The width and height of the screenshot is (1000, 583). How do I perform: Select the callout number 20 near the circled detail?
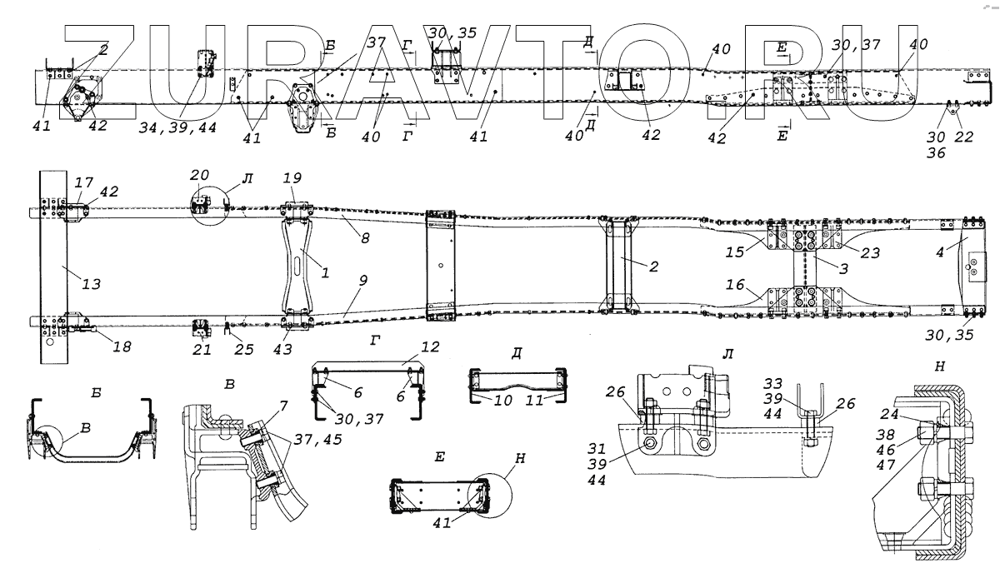(x=199, y=176)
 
